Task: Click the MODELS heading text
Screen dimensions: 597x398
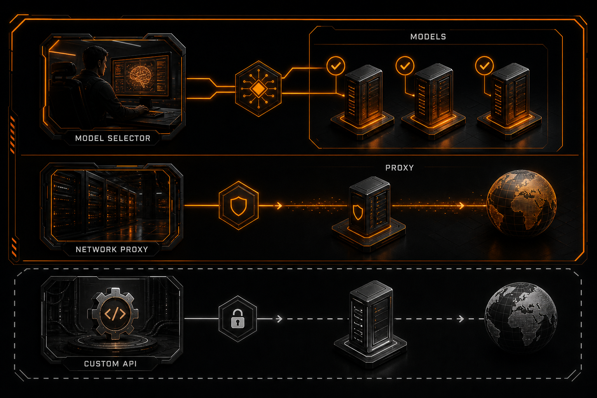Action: click(x=428, y=37)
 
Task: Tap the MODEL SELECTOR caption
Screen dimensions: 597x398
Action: click(x=113, y=138)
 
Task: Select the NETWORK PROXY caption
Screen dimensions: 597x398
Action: click(x=112, y=250)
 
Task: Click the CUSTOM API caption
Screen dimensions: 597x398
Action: click(x=110, y=364)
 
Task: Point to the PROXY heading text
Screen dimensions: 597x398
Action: click(x=400, y=168)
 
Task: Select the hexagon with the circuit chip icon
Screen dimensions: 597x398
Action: click(x=258, y=89)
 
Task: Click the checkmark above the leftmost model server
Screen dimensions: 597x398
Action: click(x=336, y=66)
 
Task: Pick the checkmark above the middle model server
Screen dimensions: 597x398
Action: click(x=405, y=66)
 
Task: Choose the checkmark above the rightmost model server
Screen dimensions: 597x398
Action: click(x=484, y=65)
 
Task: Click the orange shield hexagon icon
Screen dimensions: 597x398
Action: click(x=239, y=206)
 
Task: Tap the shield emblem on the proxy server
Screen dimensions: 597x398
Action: click(x=358, y=212)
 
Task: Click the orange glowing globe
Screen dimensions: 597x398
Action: click(x=522, y=203)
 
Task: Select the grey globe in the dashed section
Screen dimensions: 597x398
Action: click(x=521, y=317)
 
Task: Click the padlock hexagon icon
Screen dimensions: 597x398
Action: click(x=238, y=319)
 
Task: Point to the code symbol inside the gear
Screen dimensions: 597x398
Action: click(x=115, y=314)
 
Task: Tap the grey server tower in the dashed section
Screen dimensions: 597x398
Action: click(x=370, y=324)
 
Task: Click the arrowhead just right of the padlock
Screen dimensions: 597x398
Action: click(x=279, y=319)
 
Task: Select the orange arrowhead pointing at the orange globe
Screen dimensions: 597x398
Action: click(x=462, y=206)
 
